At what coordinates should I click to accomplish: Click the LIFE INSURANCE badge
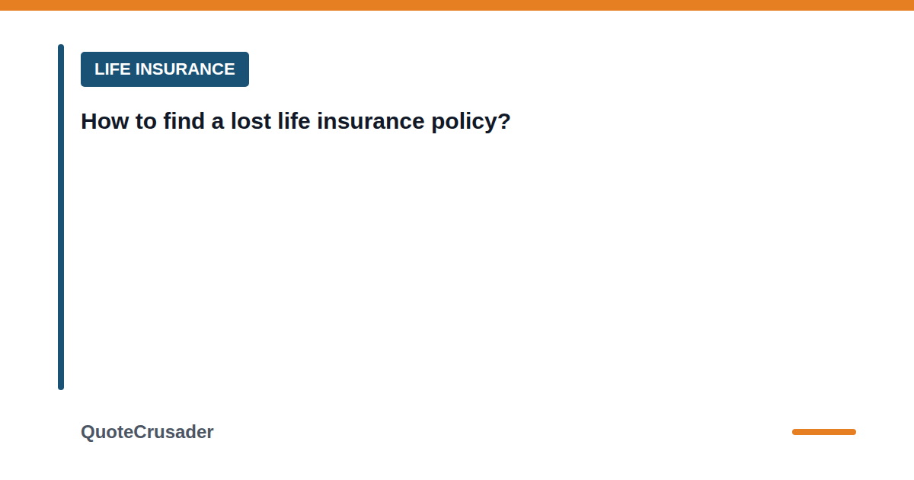click(165, 69)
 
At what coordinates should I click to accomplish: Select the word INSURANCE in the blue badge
click(185, 69)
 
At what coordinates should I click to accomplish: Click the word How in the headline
click(105, 121)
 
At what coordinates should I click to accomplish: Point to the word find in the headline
click(184, 121)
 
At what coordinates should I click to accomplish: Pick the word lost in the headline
click(251, 121)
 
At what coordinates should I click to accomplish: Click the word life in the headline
click(294, 121)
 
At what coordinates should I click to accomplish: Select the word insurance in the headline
click(370, 121)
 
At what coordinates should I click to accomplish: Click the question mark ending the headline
click(503, 121)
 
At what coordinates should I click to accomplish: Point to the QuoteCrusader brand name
click(147, 432)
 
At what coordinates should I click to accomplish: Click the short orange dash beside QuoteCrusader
click(824, 432)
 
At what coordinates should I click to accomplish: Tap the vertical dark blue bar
click(61, 217)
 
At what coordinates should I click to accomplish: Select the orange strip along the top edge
click(457, 5)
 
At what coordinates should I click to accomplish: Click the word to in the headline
click(146, 122)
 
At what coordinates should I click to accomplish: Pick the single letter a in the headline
click(218, 123)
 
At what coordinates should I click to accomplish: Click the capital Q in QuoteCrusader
click(88, 432)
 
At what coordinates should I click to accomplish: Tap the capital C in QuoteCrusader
click(140, 432)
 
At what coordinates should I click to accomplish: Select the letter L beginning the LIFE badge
click(99, 69)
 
